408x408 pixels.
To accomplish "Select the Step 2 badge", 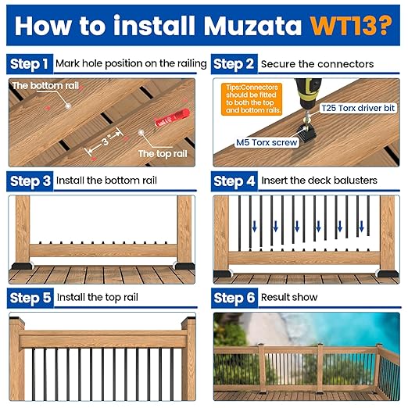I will coord(234,63).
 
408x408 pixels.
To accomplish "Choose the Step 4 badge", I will coord(234,181).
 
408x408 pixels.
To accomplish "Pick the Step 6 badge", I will coord(234,298).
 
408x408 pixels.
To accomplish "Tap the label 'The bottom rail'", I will coord(43,85).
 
